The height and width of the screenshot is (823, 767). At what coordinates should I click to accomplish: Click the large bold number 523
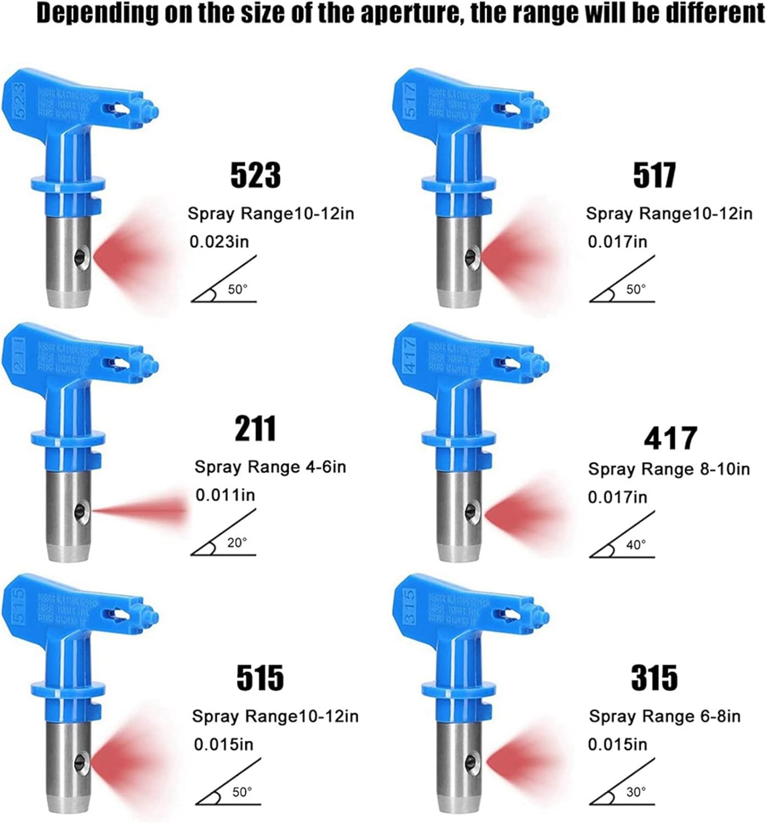pos(255,175)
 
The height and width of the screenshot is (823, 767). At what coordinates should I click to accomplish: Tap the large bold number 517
pos(654,175)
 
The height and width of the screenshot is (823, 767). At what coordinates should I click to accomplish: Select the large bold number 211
pos(255,429)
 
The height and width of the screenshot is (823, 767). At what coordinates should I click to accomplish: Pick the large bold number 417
pos(670,438)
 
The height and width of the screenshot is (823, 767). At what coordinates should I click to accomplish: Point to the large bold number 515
pos(260,678)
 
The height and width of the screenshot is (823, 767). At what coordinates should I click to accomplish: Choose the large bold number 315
pos(654,678)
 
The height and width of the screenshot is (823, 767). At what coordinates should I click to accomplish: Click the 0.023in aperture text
pos(219,241)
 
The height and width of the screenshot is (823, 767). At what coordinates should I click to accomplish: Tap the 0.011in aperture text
pos(225,495)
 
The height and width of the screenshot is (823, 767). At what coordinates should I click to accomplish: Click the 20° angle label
pos(237,543)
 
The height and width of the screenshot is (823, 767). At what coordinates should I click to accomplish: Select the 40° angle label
pos(636,545)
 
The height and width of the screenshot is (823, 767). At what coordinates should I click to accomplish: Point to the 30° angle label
pos(636,792)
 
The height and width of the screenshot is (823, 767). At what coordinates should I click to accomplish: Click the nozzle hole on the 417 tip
pos(470,512)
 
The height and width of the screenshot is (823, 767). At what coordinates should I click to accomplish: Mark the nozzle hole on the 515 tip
pos(79,760)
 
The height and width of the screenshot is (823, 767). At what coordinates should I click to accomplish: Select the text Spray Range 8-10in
pos(669,469)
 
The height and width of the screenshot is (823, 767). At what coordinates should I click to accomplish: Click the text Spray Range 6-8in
pos(664,716)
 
